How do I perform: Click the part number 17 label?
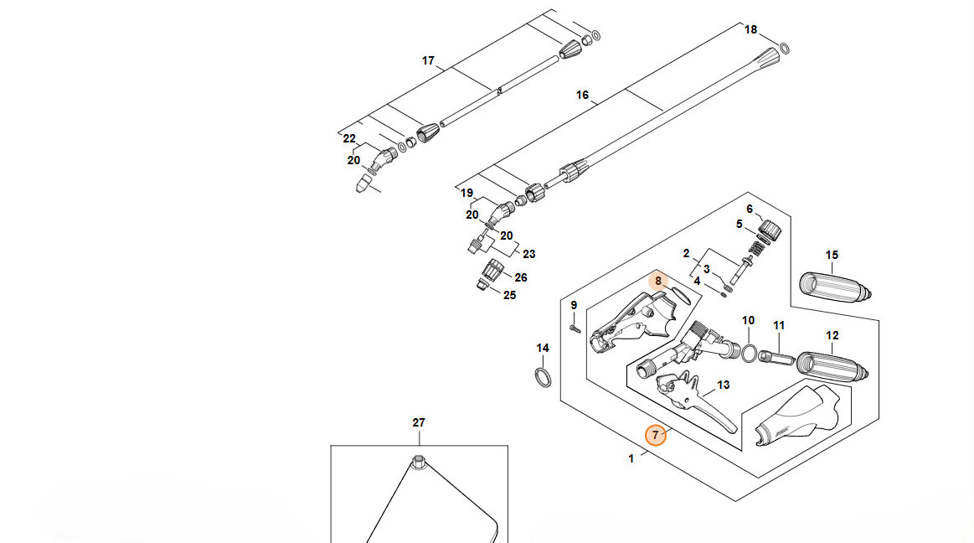pos(428,60)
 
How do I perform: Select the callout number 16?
pos(582,95)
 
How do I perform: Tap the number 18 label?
pos(750,30)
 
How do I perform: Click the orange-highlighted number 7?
pos(656,435)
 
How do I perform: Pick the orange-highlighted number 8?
pos(659,281)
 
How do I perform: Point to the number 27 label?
pos(419,423)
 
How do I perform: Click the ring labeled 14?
pos(543,376)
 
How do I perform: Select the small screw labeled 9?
pos(575,328)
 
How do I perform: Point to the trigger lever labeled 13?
pos(712,410)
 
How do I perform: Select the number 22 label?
pos(349,139)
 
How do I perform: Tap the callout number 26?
pos(520,277)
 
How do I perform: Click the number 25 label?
pos(509,295)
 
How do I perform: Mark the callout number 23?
pos(528,254)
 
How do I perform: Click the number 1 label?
pos(631,458)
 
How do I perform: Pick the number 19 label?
pos(466,193)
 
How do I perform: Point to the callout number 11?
pos(779,325)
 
